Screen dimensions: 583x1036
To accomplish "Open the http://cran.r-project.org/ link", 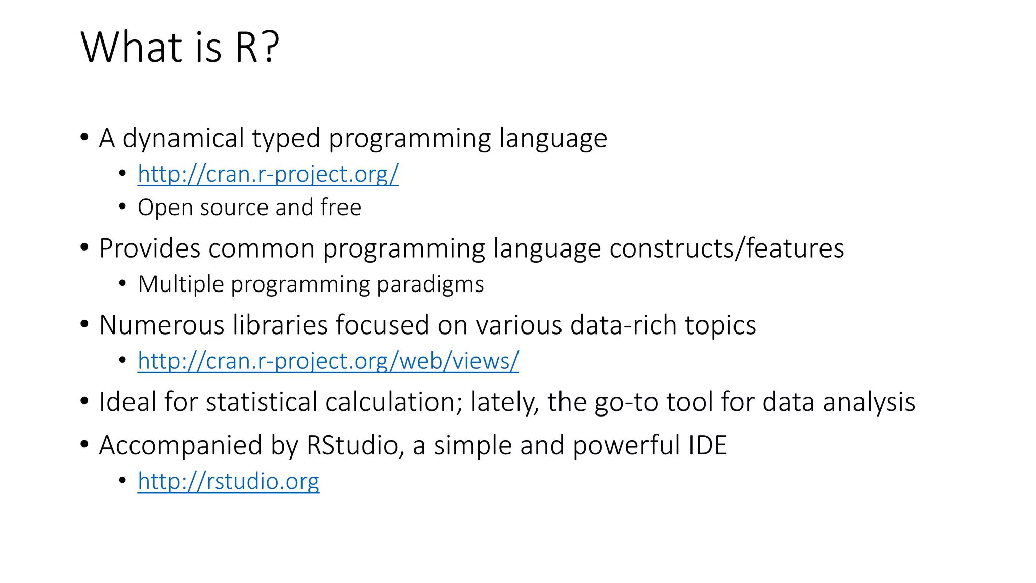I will [268, 174].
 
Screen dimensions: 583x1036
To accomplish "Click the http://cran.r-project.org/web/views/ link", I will [328, 361].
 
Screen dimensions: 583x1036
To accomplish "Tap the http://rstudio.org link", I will [228, 481].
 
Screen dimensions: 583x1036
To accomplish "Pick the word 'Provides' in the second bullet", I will [150, 248].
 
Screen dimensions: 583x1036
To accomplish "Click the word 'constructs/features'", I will [726, 248].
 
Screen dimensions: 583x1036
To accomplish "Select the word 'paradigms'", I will [430, 284].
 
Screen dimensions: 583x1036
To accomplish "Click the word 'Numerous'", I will [161, 325].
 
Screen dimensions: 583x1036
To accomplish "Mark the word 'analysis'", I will [869, 403].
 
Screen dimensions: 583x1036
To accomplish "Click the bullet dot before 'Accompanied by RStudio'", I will [84, 445].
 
